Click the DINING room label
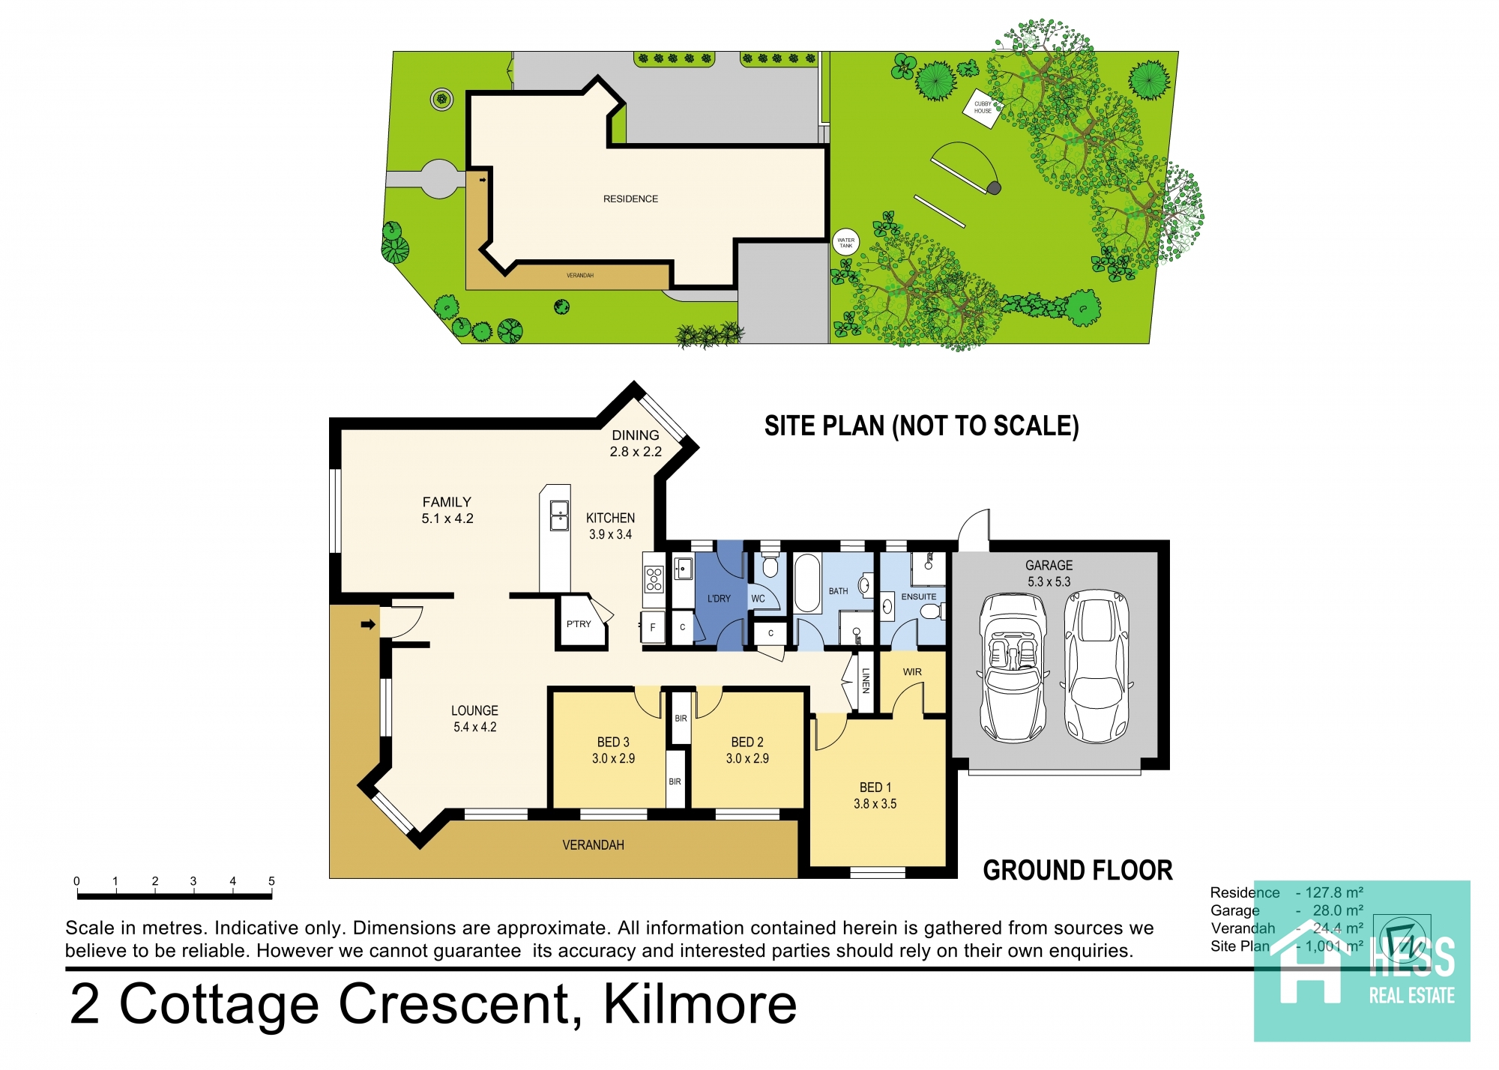coord(635,435)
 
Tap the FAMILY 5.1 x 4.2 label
coord(447,510)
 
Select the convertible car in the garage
coord(1013,667)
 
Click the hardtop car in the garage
coord(1097,667)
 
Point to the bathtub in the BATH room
coord(807,584)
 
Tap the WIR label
coord(912,672)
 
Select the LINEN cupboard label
coord(866,681)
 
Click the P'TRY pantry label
coord(579,624)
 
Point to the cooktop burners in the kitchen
coord(654,579)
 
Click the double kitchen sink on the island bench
coord(559,516)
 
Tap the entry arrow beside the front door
coord(368,624)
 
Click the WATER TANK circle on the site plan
coord(845,243)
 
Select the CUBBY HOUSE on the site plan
coord(983,107)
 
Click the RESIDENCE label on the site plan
coord(630,199)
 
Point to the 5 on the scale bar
coord(271,881)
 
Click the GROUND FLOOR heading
coord(1077,871)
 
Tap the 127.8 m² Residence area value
coord(1333,892)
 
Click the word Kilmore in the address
coord(700,1004)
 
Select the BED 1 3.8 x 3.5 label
coord(875,796)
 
